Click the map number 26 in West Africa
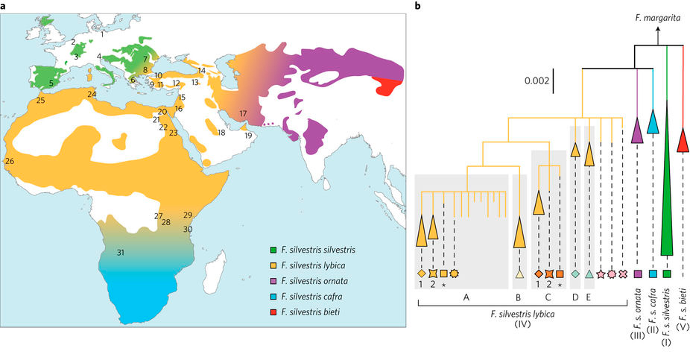[10, 161]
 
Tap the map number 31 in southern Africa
[119, 253]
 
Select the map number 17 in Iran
[243, 113]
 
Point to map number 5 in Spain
[51, 83]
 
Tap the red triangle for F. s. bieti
[683, 139]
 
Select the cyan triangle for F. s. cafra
[653, 121]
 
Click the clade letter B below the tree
[519, 296]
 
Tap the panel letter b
[418, 7]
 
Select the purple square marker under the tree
[638, 274]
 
